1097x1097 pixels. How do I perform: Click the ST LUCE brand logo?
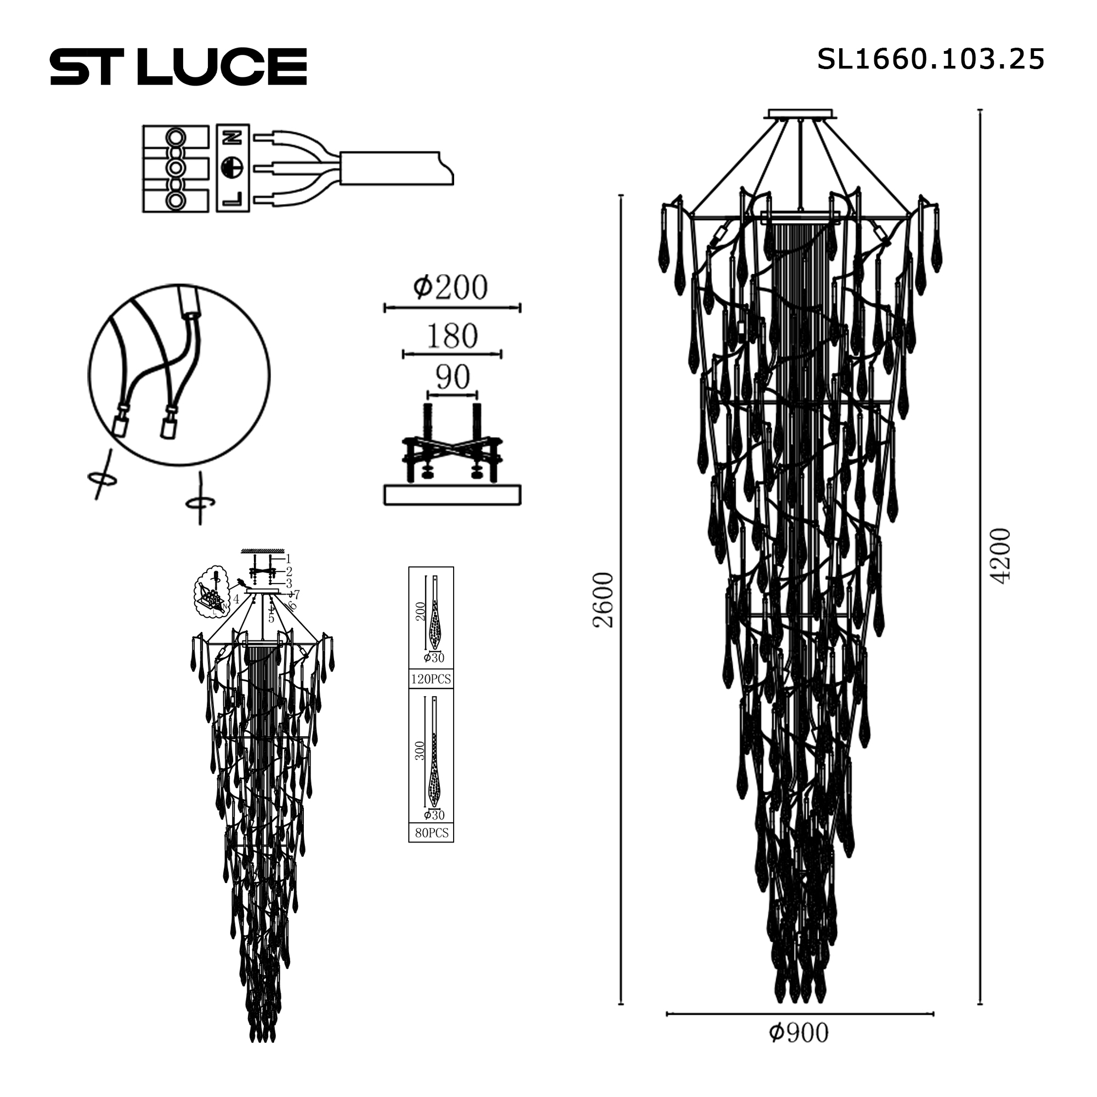pyautogui.click(x=178, y=67)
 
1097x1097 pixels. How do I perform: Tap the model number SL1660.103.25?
pyautogui.click(x=930, y=59)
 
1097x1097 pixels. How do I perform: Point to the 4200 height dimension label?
pyautogui.click(x=1000, y=555)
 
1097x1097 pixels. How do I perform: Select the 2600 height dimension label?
pyautogui.click(x=603, y=600)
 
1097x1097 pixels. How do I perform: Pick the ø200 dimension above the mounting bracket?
pyautogui.click(x=451, y=287)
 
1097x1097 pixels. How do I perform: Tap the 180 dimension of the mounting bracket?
pyautogui.click(x=452, y=336)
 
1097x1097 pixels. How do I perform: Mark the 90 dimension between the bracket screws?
pyautogui.click(x=453, y=377)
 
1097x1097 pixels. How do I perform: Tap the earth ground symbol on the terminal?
pyautogui.click(x=233, y=167)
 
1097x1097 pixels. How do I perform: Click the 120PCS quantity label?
pyautogui.click(x=431, y=679)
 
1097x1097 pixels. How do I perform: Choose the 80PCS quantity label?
pyautogui.click(x=432, y=833)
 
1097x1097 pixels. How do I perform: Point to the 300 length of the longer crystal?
pyautogui.click(x=420, y=751)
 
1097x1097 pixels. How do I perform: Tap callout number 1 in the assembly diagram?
pyautogui.click(x=289, y=559)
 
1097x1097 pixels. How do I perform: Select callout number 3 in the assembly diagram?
pyautogui.click(x=289, y=583)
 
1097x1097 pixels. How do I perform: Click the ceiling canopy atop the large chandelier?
pyautogui.click(x=801, y=114)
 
